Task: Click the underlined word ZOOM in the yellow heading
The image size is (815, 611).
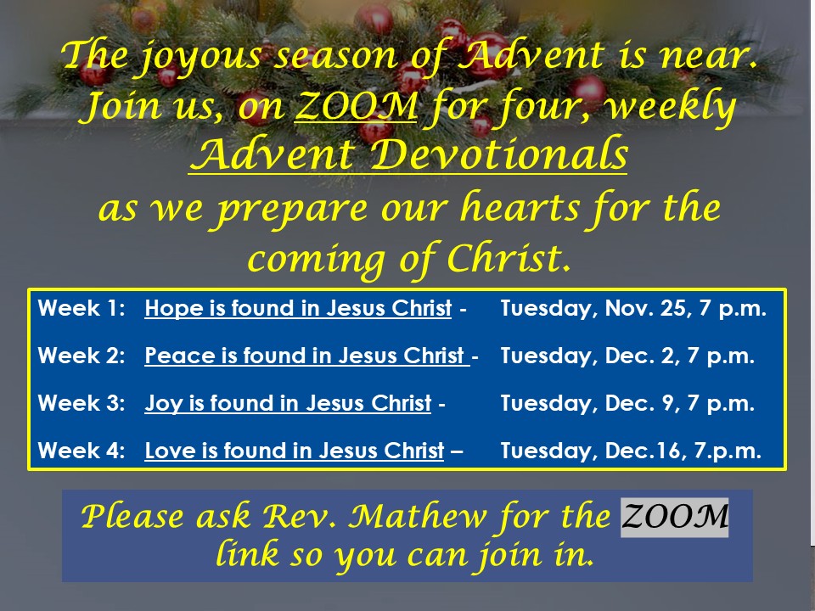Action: coord(356,105)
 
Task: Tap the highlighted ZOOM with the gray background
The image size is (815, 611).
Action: coord(675,517)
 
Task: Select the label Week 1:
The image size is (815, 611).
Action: coord(81,308)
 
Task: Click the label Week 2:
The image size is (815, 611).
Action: coord(81,356)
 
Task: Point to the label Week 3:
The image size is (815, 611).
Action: coord(81,402)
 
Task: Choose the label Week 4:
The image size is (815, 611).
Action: coord(81,450)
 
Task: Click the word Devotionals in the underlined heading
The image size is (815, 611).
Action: coord(499,154)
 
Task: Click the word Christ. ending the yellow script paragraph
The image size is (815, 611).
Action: coord(509,258)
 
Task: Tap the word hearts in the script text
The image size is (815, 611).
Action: coord(520,207)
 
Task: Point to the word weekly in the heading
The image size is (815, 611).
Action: coord(671,108)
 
